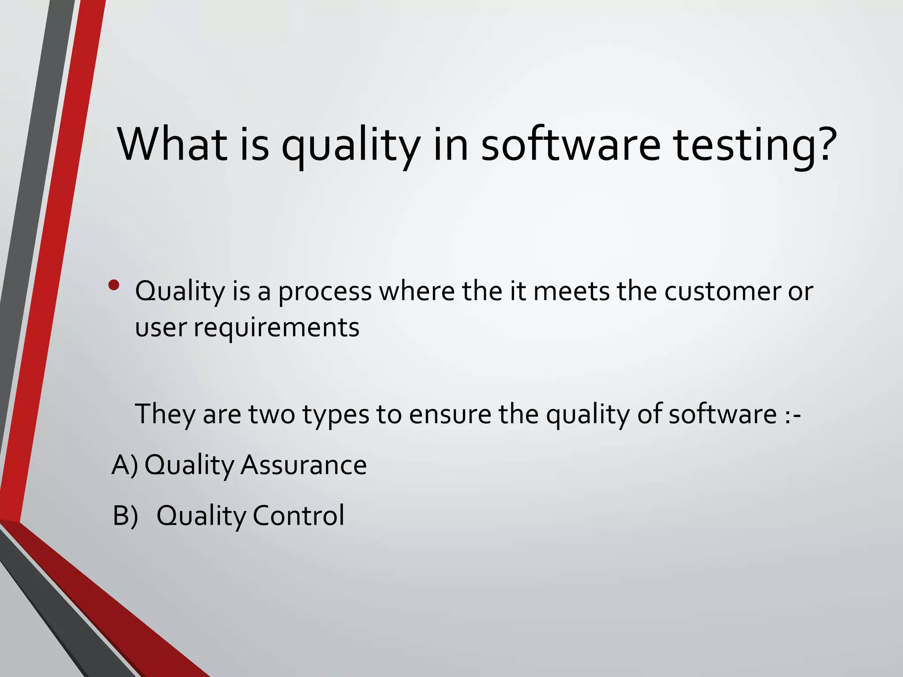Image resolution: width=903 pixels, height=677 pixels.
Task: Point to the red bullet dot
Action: (114, 285)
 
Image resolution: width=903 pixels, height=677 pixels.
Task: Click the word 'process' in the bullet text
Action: (325, 292)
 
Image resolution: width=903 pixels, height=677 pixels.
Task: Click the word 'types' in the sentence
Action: (336, 416)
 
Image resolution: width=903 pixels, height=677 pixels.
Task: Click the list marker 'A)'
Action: (125, 465)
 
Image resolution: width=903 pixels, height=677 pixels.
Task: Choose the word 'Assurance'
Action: (303, 465)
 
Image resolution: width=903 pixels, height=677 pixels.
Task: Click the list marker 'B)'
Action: (125, 516)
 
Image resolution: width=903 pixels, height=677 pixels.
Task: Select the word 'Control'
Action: (299, 516)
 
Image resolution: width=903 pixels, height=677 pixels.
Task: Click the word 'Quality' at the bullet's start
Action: (180, 292)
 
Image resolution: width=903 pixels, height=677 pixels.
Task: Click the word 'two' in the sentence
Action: (272, 415)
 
